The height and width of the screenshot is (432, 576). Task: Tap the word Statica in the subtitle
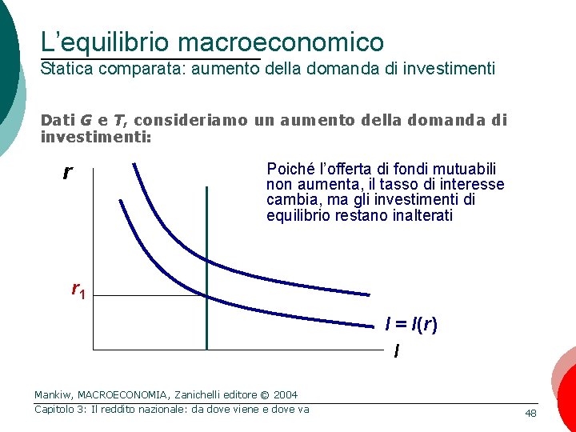coord(66,69)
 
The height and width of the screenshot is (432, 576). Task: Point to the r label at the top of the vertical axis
coord(67,172)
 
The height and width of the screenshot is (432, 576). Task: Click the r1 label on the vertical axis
coord(78,290)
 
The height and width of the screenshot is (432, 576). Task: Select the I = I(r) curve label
coord(411,325)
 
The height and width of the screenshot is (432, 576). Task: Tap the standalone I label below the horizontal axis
coord(397,350)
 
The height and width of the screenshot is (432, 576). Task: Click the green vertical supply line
coord(206,264)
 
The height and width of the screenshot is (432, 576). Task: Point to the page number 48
coord(530,413)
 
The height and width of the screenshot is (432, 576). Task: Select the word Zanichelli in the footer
coord(206,394)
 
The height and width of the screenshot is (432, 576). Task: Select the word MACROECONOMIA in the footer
coord(123,394)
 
